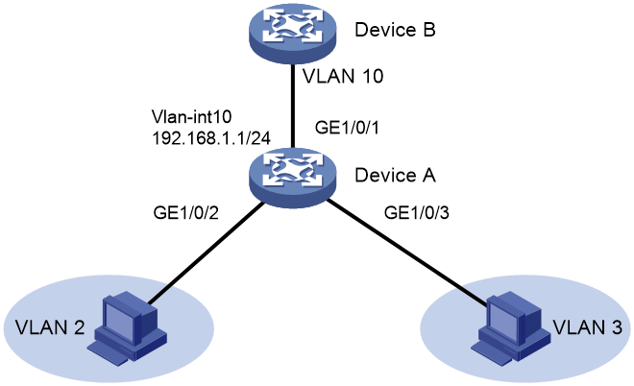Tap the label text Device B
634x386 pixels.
pos(395,30)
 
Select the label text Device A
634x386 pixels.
pos(395,175)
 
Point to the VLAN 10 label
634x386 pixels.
pos(343,76)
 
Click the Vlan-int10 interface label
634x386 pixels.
pos(192,117)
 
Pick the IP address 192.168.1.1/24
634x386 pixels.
pos(211,138)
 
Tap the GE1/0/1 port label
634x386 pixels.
pos(347,128)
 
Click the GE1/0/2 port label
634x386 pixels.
pos(186,212)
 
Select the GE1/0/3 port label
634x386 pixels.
pos(417,212)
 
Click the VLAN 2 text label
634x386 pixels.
pos(50,327)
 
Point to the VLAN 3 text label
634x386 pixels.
pos(587,327)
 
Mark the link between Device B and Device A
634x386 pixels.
pos(292,106)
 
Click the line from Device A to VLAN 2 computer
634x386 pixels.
pos(206,253)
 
